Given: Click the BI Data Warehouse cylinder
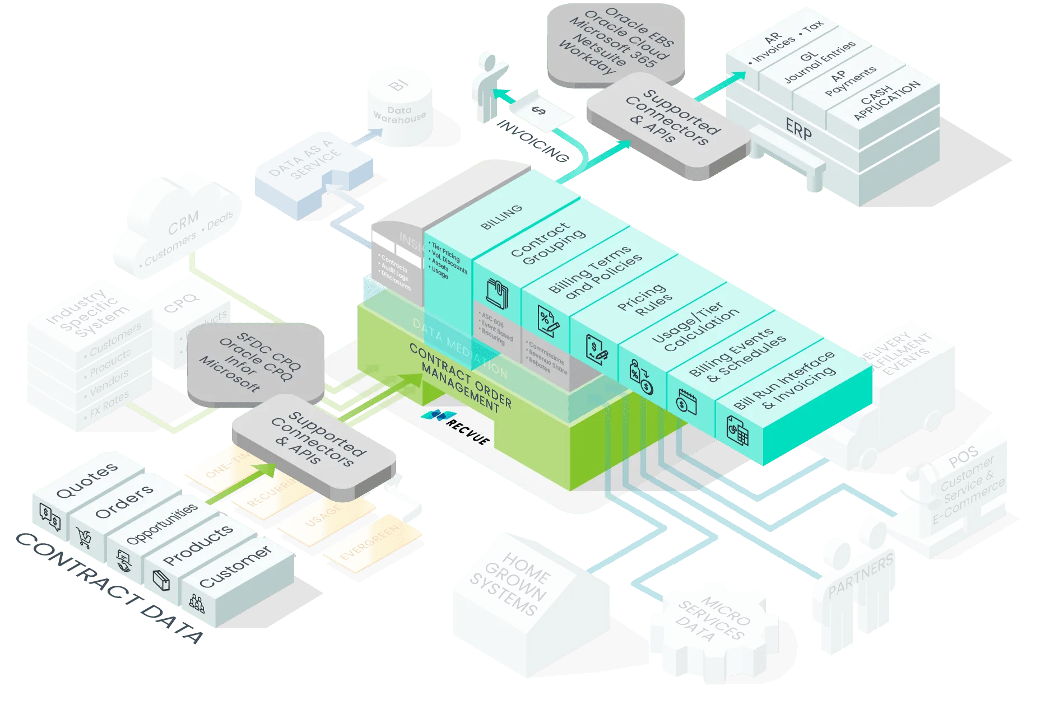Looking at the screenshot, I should [400, 108].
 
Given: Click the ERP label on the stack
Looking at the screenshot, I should [798, 130].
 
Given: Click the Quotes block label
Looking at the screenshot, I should [87, 480].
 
